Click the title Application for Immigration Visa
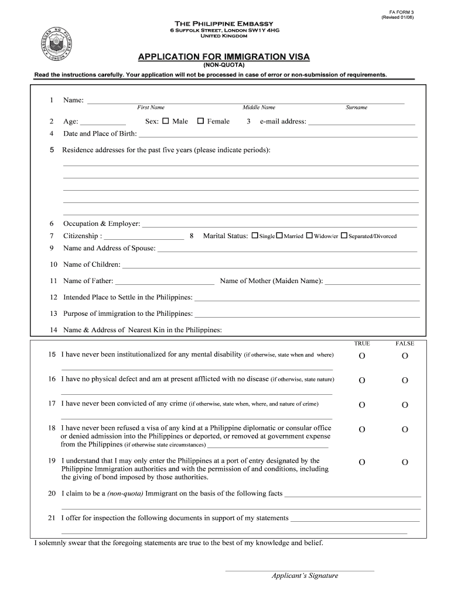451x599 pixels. tap(224, 57)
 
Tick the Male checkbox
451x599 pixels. tap(165, 121)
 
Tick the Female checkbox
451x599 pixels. tap(200, 121)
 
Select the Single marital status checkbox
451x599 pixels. tap(255, 236)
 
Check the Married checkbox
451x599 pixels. tap(279, 236)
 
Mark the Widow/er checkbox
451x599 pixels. tap(309, 236)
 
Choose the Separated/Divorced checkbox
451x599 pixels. tap(344, 236)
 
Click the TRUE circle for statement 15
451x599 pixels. tap(362, 356)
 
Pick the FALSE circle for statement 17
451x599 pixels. tap(405, 405)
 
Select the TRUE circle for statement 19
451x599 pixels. tap(362, 462)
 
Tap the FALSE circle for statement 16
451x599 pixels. tap(405, 380)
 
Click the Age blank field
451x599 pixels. tap(102, 122)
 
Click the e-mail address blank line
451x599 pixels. tap(361, 122)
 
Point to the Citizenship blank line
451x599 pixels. tap(144, 237)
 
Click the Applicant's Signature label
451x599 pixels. tap(305, 576)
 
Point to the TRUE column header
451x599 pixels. tap(362, 343)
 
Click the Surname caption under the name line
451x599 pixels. tap(357, 108)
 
